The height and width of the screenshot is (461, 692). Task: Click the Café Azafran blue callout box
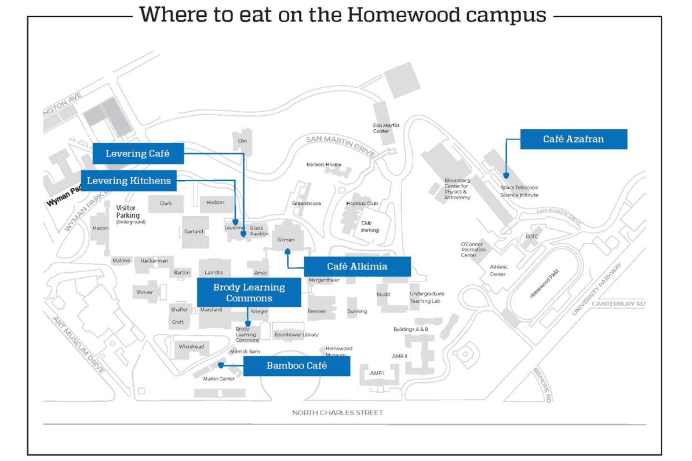pyautogui.click(x=573, y=139)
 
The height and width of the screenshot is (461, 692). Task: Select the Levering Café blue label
pyautogui.click(x=138, y=153)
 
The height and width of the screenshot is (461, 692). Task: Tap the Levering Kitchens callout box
pyautogui.click(x=129, y=181)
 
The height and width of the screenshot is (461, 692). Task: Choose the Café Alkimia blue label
pyautogui.click(x=357, y=266)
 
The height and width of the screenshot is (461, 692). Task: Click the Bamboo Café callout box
pyautogui.click(x=296, y=366)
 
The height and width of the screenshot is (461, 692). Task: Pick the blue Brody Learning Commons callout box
pyautogui.click(x=249, y=292)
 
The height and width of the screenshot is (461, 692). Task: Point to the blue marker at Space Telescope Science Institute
pyautogui.click(x=505, y=175)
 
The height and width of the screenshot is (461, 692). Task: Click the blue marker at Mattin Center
pyautogui.click(x=221, y=365)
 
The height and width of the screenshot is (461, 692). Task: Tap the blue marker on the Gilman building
pyautogui.click(x=287, y=251)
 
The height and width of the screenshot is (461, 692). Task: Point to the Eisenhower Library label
pyautogui.click(x=296, y=335)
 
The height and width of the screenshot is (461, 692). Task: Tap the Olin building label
pyautogui.click(x=242, y=141)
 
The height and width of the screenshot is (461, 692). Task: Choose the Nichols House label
pyautogui.click(x=323, y=164)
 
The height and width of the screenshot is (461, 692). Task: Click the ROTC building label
pyautogui.click(x=532, y=236)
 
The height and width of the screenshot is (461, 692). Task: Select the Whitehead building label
pyautogui.click(x=191, y=346)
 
